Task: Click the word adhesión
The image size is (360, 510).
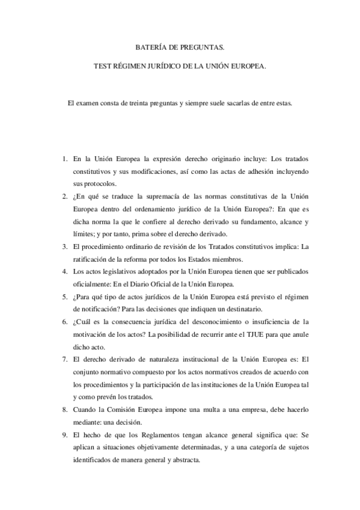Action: point(248,172)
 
